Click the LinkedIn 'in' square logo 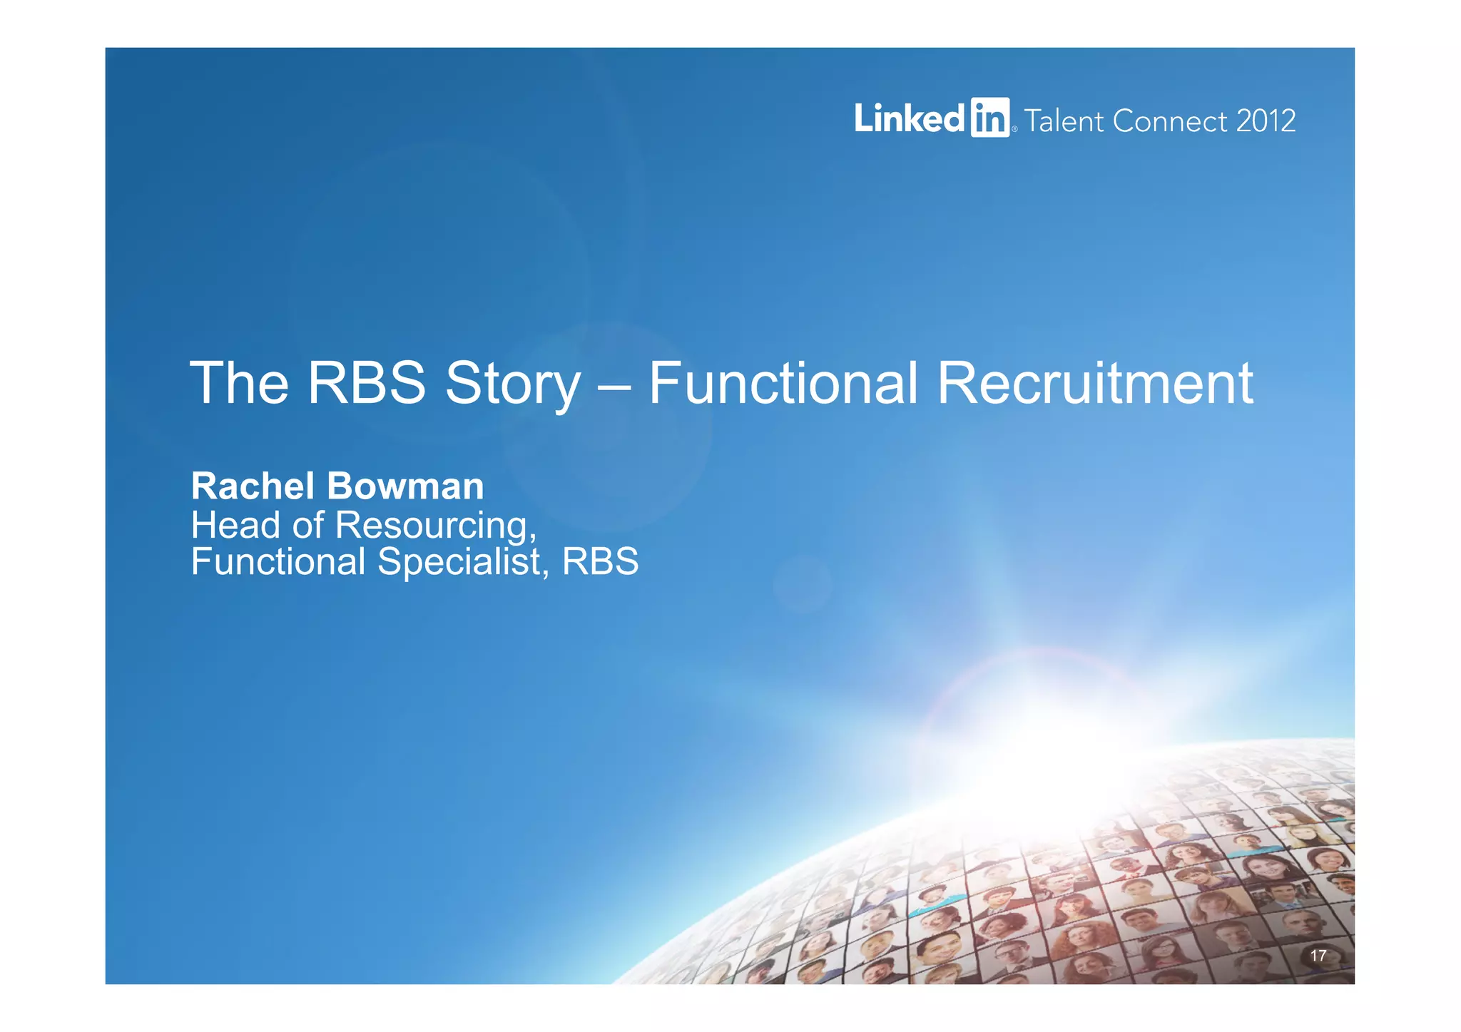click(989, 118)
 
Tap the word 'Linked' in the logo click(910, 118)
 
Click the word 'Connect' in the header click(1170, 121)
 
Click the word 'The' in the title click(239, 383)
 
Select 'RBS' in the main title click(367, 383)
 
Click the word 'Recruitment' click(1094, 383)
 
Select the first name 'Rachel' click(253, 486)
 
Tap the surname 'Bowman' click(405, 486)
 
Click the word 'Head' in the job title click(235, 525)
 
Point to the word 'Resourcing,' click(436, 526)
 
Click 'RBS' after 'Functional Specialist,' click(600, 561)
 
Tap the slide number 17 click(1318, 956)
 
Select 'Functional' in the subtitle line click(278, 561)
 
